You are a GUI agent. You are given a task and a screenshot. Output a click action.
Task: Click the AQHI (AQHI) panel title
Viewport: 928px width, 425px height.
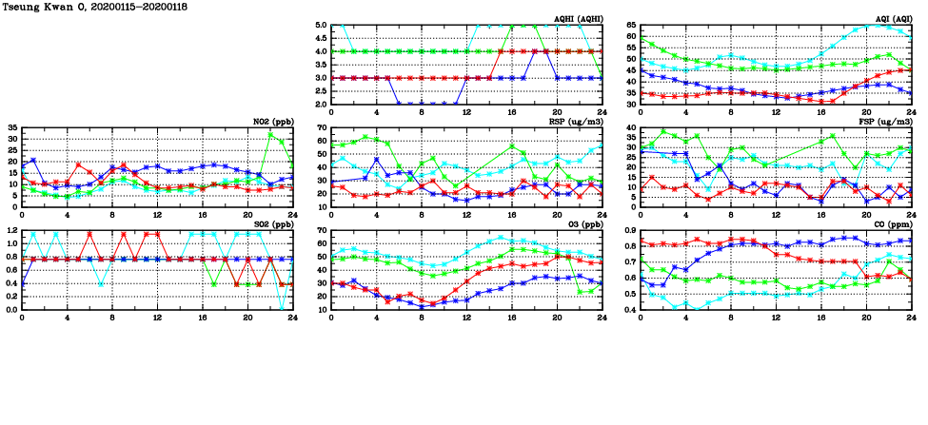[578, 19]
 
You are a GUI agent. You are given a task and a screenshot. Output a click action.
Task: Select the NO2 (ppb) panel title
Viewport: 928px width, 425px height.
[272, 122]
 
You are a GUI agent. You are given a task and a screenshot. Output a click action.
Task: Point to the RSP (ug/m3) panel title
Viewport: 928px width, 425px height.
[577, 122]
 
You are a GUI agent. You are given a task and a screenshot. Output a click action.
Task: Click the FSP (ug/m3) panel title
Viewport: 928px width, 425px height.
[887, 122]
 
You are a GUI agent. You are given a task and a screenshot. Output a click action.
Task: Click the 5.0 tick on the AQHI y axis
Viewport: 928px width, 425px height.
[322, 26]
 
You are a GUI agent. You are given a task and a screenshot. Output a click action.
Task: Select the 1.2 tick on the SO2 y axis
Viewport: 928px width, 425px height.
[12, 230]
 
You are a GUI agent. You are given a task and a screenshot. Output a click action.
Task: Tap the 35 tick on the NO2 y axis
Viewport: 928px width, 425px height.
[12, 127]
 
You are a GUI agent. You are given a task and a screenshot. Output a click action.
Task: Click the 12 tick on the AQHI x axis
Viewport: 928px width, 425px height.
[466, 112]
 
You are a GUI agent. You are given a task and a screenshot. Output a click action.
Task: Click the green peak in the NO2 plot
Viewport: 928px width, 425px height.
[271, 134]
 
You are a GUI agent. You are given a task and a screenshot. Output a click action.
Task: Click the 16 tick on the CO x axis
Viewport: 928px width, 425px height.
[820, 318]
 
